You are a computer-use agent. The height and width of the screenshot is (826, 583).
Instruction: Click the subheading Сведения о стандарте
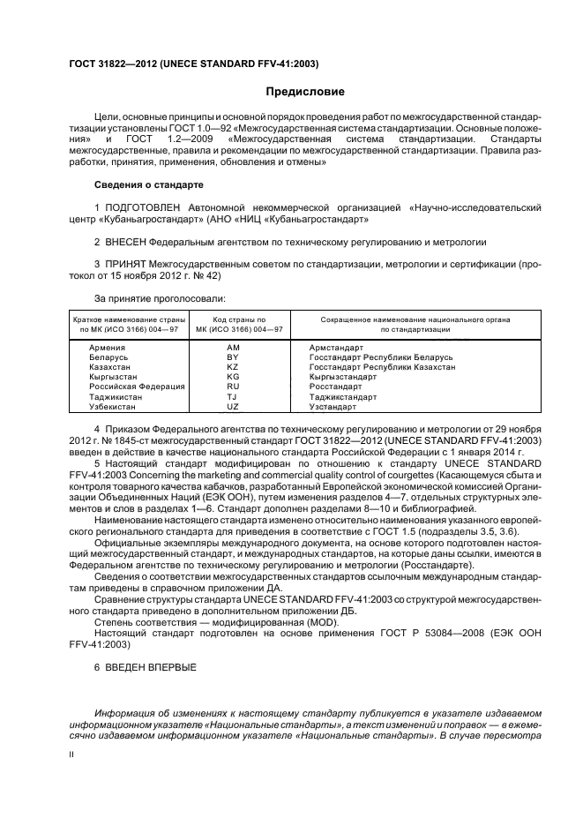click(148, 185)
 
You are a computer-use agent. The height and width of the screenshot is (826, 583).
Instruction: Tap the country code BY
click(233, 357)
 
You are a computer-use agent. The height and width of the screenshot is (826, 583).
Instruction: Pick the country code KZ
click(233, 367)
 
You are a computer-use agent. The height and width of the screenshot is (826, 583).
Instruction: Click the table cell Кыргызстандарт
click(343, 377)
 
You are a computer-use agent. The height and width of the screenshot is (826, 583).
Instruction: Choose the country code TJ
click(233, 397)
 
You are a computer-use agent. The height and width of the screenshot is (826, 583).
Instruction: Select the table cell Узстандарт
click(333, 407)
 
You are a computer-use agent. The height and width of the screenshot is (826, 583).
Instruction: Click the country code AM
click(233, 348)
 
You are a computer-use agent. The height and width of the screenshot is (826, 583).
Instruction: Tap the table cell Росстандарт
click(336, 387)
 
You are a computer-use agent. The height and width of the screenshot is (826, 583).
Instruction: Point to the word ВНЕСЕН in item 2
click(124, 241)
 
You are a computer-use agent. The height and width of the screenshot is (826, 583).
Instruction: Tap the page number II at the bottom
click(71, 755)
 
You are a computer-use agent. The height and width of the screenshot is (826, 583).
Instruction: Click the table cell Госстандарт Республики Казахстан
click(382, 367)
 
